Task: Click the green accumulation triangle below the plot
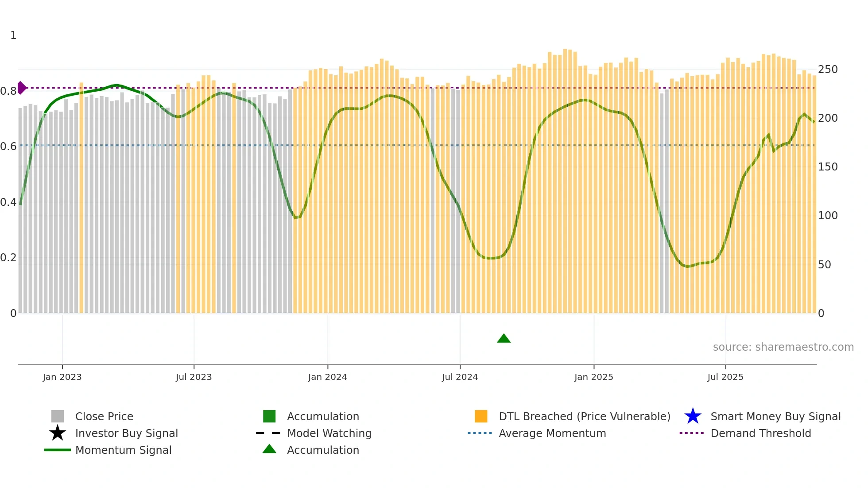tap(504, 339)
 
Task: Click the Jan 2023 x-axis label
tap(62, 377)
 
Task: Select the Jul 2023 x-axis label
tap(194, 377)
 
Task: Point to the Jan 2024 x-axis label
tap(327, 377)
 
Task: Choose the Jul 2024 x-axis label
tap(460, 377)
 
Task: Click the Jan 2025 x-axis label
tap(593, 377)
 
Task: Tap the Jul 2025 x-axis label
tap(725, 377)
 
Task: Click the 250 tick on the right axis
tap(828, 70)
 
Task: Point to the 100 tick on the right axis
tap(828, 216)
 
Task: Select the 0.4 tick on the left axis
tap(8, 202)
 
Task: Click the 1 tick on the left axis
tap(13, 35)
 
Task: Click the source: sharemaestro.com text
tap(783, 347)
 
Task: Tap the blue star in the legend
tap(693, 416)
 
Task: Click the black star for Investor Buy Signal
tap(58, 433)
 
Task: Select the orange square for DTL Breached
tap(481, 416)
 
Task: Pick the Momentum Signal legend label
tap(123, 450)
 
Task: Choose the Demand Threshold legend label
tap(760, 433)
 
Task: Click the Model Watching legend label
tap(329, 433)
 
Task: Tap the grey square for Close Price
tap(58, 416)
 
